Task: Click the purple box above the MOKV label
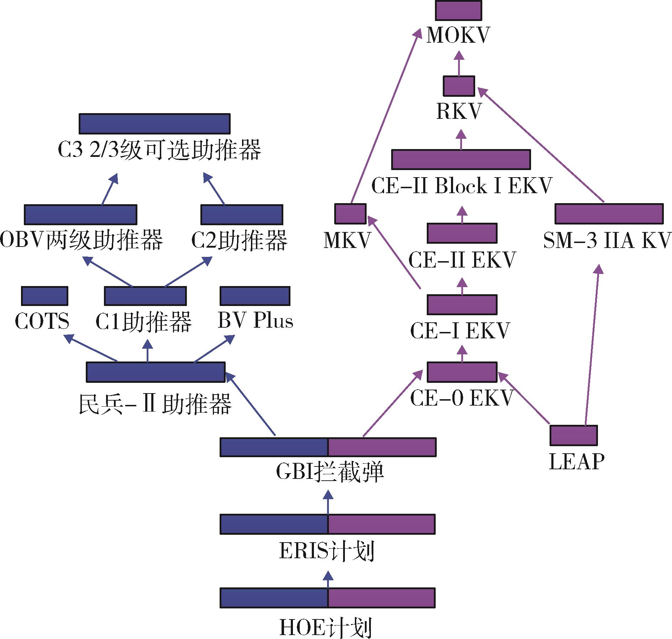458,10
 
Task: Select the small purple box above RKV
459,86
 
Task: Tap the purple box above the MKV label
350,213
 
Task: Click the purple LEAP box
573,435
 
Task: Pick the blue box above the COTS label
44,296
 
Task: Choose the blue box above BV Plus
255,296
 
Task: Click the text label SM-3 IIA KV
607,241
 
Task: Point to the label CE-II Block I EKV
461,186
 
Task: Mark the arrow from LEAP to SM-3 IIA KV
593,345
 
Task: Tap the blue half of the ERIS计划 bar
274,524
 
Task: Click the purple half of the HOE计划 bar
381,597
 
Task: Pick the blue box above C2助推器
242,215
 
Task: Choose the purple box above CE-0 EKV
462,372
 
